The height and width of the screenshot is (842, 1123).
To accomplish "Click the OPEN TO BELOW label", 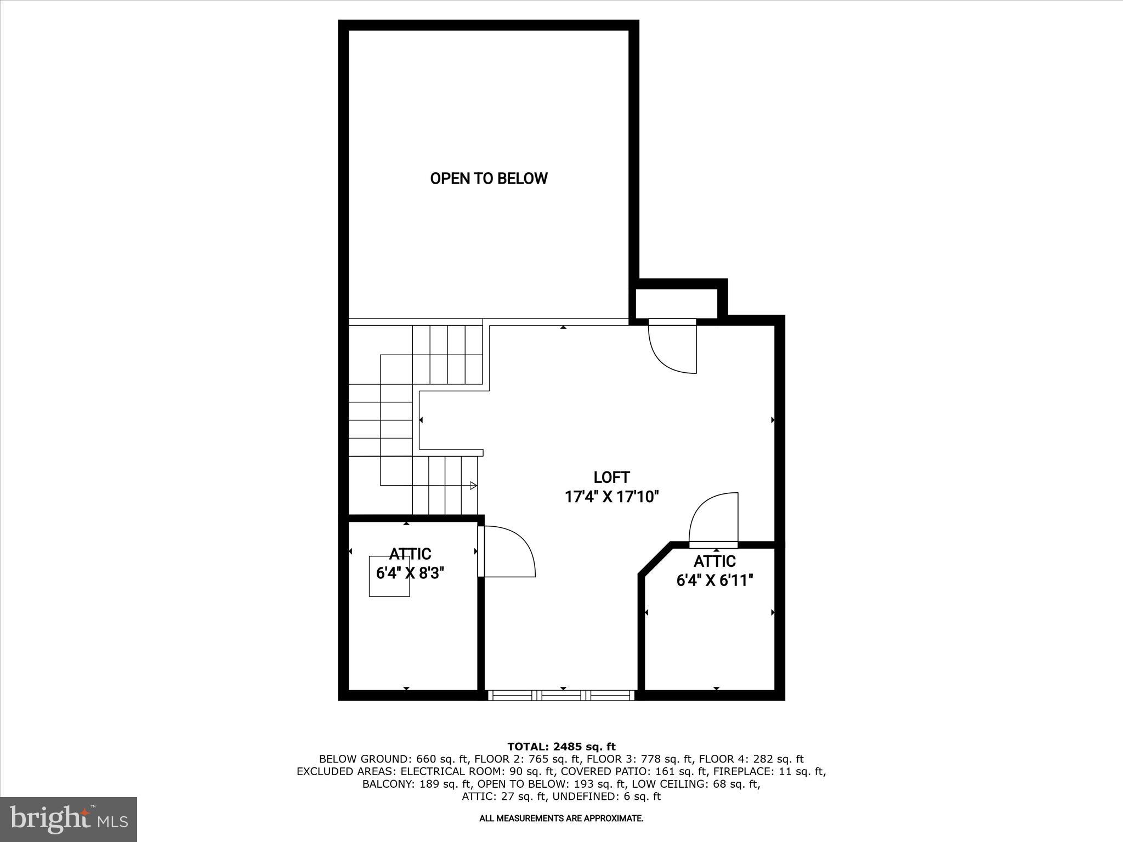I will [489, 179].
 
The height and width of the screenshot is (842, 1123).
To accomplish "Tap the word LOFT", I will [611, 477].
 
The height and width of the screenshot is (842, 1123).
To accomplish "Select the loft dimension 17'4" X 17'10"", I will [611, 497].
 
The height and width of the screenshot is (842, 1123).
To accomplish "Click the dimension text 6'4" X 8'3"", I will [410, 573].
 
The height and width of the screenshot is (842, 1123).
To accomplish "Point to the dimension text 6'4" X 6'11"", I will [714, 581].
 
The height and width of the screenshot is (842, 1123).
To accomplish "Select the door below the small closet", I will [672, 348].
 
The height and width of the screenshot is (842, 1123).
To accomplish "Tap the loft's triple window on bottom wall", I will [561, 695].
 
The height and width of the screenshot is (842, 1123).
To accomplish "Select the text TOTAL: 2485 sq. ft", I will [561, 747].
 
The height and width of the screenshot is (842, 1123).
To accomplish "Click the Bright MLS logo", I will [69, 820].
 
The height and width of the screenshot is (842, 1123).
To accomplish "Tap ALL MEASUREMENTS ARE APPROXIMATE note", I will [561, 818].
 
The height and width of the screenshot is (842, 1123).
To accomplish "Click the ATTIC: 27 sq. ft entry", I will [504, 797].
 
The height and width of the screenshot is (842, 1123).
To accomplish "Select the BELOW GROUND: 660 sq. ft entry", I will [393, 759].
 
